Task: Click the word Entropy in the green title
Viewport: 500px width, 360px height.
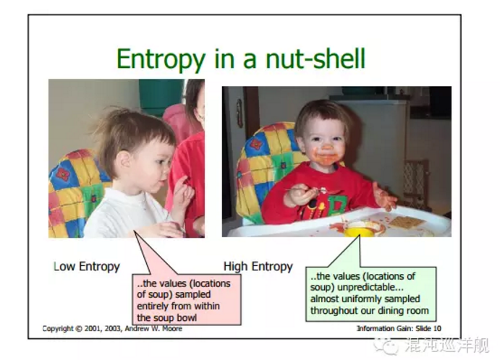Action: pos(161,59)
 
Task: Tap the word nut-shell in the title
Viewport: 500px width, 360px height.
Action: pos(315,59)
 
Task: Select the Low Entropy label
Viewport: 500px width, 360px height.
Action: pos(87,267)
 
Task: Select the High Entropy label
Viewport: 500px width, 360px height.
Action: pos(258,267)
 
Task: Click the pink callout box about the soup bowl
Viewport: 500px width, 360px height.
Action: pos(187,299)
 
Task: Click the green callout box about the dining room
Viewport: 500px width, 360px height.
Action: pos(371,293)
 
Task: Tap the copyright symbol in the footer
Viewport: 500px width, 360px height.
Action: pos(78,328)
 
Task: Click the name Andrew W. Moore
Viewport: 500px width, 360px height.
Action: pos(153,328)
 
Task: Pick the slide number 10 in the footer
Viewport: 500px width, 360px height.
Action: pos(437,328)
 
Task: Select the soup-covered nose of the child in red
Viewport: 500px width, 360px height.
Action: pos(326,147)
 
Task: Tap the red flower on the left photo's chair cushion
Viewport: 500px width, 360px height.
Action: pos(63,174)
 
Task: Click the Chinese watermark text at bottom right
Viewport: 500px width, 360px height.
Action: pos(446,346)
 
